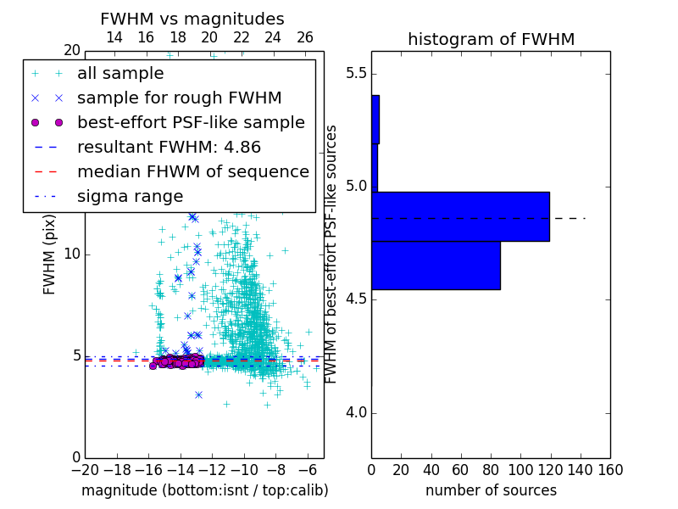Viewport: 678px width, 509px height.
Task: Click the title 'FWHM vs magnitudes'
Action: pos(192,19)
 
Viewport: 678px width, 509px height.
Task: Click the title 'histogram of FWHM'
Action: pos(491,39)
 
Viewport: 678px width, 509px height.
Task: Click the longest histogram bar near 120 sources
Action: pos(460,216)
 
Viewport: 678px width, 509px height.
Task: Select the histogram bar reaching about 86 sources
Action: pos(436,266)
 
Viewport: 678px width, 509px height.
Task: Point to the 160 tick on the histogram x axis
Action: pos(609,470)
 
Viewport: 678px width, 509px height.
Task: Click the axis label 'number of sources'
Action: pos(491,490)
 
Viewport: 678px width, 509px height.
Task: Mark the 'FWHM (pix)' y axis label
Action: pos(49,255)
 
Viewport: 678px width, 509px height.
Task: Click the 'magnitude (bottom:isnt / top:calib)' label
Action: pos(204,490)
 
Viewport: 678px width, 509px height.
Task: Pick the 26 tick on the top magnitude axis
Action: pos(305,37)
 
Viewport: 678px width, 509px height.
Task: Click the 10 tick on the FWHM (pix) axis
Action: pos(71,255)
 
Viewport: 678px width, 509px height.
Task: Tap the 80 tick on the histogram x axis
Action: pos(491,470)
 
